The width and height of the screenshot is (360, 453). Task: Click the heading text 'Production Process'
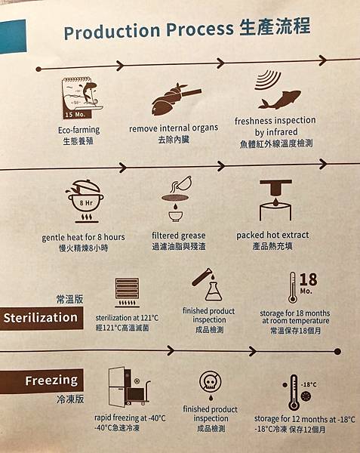pyautogui.click(x=149, y=30)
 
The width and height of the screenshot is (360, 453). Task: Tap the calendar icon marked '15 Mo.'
pyautogui.click(x=82, y=98)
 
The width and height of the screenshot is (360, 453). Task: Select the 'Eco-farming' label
pyautogui.click(x=78, y=130)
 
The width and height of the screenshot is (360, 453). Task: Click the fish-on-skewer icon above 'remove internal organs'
pyautogui.click(x=176, y=99)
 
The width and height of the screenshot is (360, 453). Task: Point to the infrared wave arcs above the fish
pyautogui.click(x=267, y=80)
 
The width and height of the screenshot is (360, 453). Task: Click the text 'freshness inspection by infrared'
pyautogui.click(x=275, y=126)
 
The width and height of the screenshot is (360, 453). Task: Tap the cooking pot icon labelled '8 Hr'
pyautogui.click(x=85, y=201)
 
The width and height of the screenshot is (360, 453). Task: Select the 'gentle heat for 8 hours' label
pyautogui.click(x=84, y=238)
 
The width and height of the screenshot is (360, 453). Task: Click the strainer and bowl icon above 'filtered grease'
pyautogui.click(x=176, y=199)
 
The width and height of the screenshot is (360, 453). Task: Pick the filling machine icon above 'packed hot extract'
pyautogui.click(x=275, y=200)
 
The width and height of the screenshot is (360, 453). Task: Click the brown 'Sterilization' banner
pyautogui.click(x=42, y=318)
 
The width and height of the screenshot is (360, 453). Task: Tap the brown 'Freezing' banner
pyautogui.click(x=42, y=381)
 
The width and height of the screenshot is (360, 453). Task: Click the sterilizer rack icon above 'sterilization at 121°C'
pyautogui.click(x=127, y=292)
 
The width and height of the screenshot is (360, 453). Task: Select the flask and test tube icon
pyautogui.click(x=207, y=285)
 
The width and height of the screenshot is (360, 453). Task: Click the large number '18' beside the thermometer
pyautogui.click(x=308, y=279)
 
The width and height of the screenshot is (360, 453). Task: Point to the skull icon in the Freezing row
pyautogui.click(x=211, y=382)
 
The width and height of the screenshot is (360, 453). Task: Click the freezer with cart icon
pyautogui.click(x=129, y=387)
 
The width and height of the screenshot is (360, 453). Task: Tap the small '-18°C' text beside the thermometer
pyautogui.click(x=309, y=384)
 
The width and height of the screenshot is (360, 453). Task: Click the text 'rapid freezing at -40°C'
pyautogui.click(x=131, y=418)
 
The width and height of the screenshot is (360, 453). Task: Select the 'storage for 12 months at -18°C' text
pyautogui.click(x=305, y=419)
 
